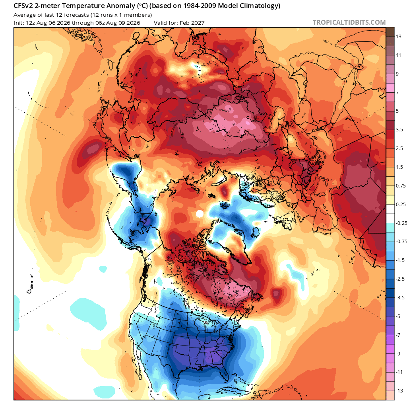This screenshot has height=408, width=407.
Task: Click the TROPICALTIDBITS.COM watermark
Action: (349, 22)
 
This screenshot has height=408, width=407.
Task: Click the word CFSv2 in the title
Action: (23, 6)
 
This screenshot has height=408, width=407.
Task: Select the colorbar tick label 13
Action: (399, 37)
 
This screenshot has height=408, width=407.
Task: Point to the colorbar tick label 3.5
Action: (399, 130)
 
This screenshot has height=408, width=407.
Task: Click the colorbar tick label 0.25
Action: (401, 204)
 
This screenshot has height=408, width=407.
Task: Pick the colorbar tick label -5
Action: (398, 316)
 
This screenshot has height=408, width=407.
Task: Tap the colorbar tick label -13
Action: (399, 391)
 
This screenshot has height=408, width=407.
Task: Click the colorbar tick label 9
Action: (397, 74)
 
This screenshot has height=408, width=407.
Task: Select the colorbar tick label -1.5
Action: (400, 260)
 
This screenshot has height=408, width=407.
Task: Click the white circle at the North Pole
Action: (200, 214)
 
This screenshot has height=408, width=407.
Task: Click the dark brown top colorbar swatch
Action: (390, 32)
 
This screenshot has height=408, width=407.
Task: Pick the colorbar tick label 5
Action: (397, 111)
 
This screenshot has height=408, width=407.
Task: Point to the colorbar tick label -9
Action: (398, 353)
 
